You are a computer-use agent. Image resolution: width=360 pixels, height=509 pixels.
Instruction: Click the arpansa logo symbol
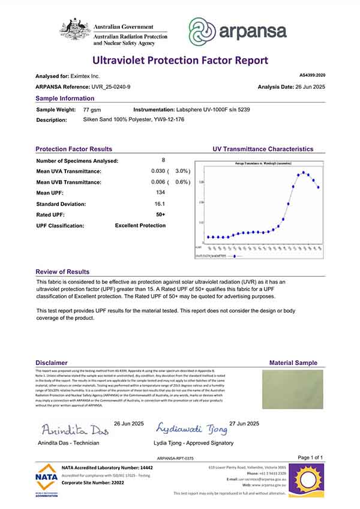coord(203,31)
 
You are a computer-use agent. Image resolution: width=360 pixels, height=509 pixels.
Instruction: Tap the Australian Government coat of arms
coord(74,32)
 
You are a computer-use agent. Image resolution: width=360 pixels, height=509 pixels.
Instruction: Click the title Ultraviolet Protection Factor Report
coord(179,60)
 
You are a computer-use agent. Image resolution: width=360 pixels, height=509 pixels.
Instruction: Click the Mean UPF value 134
coord(160,193)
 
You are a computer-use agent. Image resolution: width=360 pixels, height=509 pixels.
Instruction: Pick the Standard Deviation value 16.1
coord(160,203)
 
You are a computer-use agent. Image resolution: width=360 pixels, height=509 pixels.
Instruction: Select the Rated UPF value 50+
coord(160,214)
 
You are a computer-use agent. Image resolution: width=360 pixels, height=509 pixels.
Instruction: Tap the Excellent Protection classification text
coord(140,226)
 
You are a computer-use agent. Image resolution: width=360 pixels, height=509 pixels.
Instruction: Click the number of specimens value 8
coord(163,160)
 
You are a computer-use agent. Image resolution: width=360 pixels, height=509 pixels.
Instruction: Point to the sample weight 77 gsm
coord(91,110)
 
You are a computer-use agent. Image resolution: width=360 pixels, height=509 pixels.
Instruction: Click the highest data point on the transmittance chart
coord(305,173)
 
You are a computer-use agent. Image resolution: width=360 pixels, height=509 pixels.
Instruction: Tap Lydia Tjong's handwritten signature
coord(192,429)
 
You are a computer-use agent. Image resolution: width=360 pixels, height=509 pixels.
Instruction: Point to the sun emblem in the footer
coord(308,476)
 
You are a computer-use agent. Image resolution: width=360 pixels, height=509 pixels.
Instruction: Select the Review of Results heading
coord(62,272)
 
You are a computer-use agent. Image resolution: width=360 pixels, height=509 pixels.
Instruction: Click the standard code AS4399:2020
coord(311,76)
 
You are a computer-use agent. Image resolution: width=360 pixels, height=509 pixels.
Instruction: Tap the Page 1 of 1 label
coord(310,458)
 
